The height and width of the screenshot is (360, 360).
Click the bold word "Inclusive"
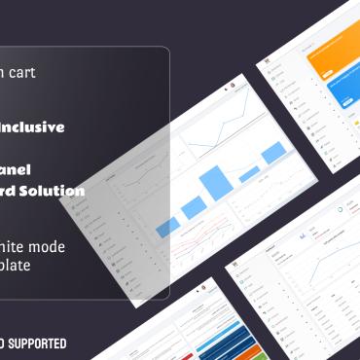pyautogui.click(x=33, y=126)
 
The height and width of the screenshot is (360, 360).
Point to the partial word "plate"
pyautogui.click(x=19, y=265)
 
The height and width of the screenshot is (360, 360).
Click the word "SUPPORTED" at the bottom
pyautogui.click(x=39, y=343)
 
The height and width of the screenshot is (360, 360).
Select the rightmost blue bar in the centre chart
pyautogui.click(x=272, y=153)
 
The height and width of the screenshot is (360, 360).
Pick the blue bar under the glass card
pyautogui.click(x=167, y=226)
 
